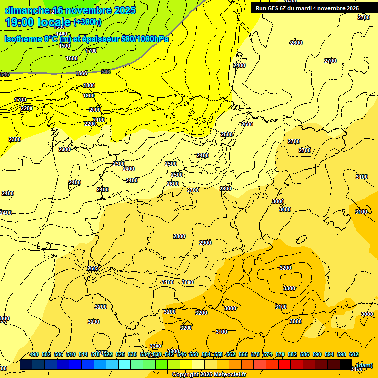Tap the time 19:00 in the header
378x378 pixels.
[19, 22]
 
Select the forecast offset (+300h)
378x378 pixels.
[87, 22]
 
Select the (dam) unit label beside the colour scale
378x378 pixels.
[364, 365]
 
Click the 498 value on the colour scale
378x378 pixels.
[34, 354]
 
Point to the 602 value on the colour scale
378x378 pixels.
[354, 354]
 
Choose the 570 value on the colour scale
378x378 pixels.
[255, 354]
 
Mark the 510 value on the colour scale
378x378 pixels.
[71, 354]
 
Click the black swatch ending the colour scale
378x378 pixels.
[346, 365]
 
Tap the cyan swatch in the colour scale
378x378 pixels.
[125, 365]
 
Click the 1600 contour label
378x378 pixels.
[72, 58]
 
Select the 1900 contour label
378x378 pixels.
[89, 95]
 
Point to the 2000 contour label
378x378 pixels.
[95, 110]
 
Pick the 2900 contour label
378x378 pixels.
[205, 243]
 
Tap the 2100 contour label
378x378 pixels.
[99, 120]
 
